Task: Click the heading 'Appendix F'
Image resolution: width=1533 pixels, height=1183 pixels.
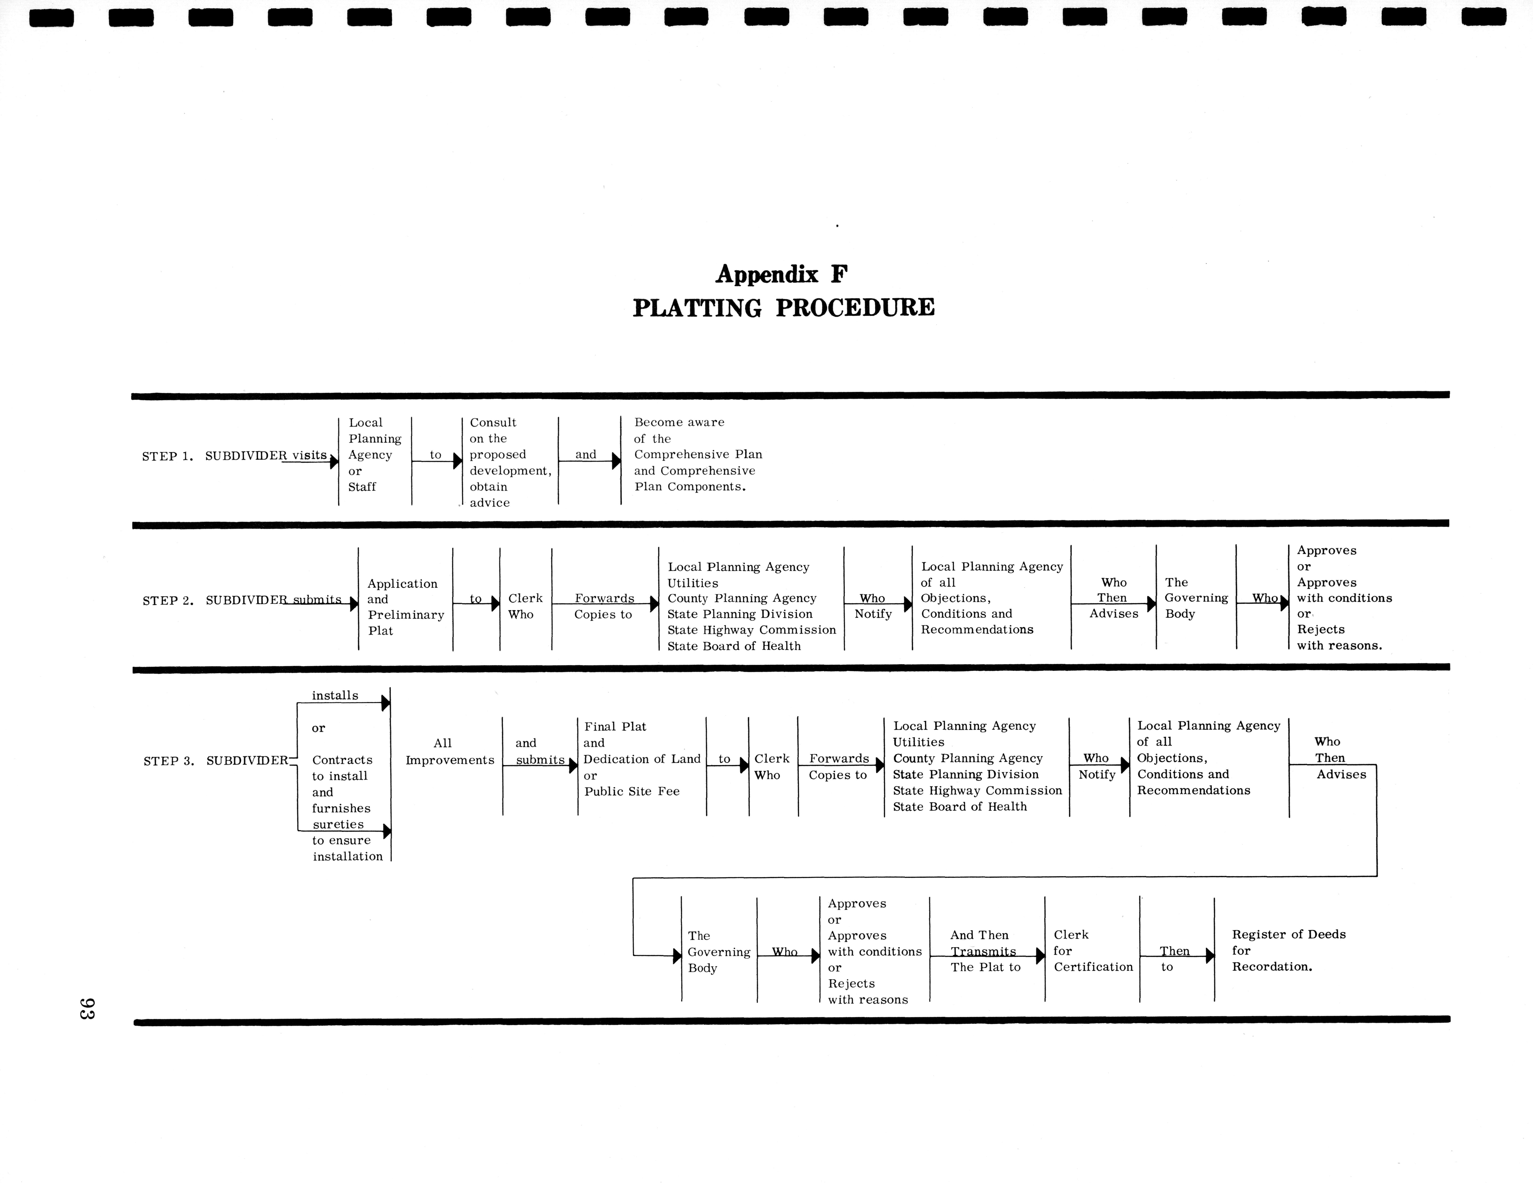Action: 781,274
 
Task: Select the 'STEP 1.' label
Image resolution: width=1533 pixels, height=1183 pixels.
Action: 167,456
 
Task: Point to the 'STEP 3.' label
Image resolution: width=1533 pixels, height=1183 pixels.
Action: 169,761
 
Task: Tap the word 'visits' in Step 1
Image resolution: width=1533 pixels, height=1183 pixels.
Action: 309,455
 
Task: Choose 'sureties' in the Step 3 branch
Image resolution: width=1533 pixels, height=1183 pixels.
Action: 338,824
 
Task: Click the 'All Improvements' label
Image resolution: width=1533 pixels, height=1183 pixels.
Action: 449,752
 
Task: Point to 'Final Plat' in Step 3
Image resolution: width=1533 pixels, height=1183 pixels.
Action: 615,727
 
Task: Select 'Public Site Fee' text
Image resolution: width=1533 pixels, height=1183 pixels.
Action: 632,791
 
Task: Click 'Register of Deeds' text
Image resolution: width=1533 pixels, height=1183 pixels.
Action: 1289,935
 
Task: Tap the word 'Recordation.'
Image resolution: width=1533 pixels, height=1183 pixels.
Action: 1272,967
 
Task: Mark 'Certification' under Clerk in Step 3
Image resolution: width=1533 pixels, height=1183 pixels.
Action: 1093,967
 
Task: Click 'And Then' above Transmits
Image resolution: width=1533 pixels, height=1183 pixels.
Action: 979,935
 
